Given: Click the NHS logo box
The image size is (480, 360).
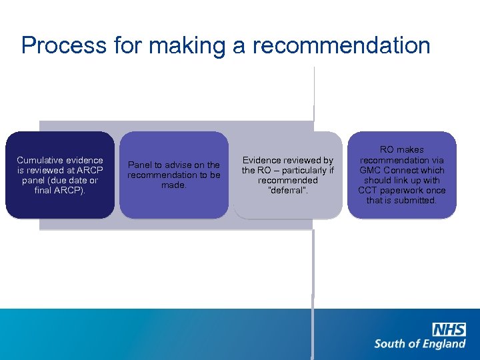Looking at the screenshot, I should point(449,329).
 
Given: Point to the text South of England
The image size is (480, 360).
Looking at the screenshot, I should point(419,344).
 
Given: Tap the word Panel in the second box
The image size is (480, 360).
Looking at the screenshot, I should point(139,165).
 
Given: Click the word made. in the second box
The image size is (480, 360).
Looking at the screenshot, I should point(174,185).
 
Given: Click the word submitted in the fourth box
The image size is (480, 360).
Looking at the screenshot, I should point(415,200).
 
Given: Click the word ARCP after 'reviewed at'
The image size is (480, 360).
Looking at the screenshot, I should point(90,170).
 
